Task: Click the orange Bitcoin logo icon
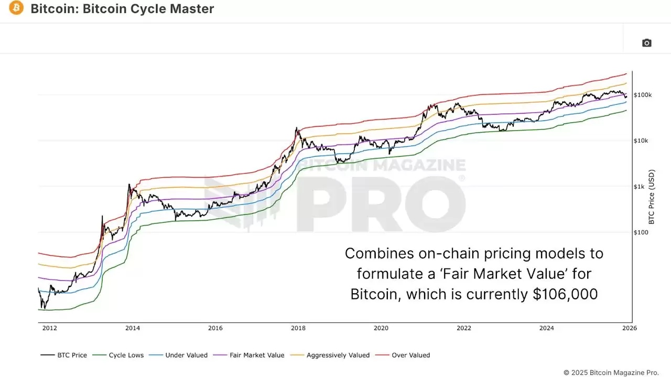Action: click(x=16, y=8)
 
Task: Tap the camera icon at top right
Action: click(x=646, y=43)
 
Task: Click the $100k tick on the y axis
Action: click(x=643, y=95)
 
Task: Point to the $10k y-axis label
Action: click(x=641, y=141)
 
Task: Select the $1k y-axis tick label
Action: click(x=639, y=187)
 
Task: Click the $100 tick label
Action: click(x=641, y=232)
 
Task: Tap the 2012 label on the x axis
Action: click(x=50, y=328)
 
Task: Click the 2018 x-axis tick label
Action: click(x=298, y=328)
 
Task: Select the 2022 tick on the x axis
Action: click(x=464, y=328)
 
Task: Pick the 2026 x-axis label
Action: click(x=629, y=328)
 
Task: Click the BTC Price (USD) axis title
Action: click(x=652, y=196)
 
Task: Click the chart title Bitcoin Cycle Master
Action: click(x=122, y=9)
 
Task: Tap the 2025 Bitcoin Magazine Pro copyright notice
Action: click(x=611, y=372)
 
